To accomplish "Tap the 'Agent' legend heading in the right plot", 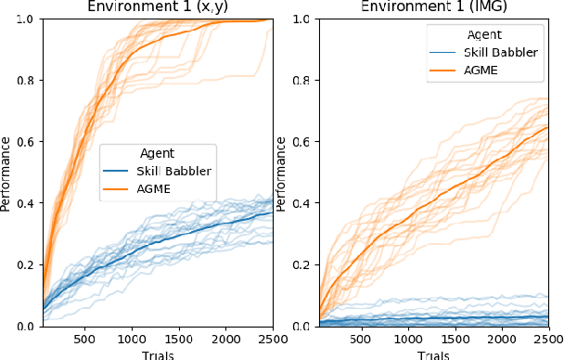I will click(x=483, y=34).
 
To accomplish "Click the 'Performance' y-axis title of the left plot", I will click(x=6, y=173).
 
